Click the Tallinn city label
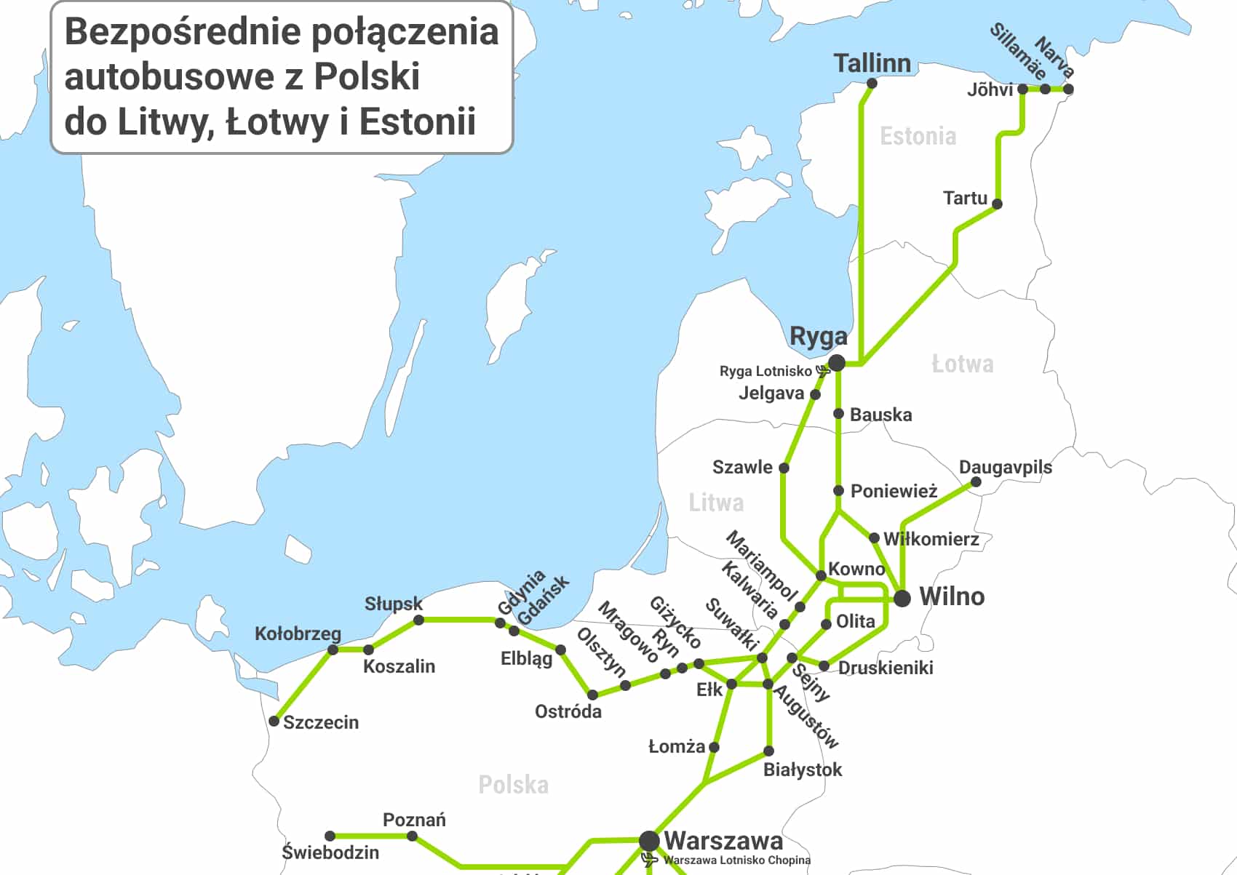point(872,63)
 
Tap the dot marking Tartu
point(997,204)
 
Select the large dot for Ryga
point(837,362)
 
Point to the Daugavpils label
point(1005,467)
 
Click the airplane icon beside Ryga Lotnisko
point(822,371)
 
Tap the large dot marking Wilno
point(902,598)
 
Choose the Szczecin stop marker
point(274,721)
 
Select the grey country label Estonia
point(918,136)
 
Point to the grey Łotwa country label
point(962,364)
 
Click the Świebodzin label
point(330,852)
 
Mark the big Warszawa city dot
point(648,841)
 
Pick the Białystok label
point(802,770)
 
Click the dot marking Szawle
point(784,468)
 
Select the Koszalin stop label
point(399,666)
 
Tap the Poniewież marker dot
point(838,491)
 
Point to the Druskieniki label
point(885,668)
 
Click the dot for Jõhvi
point(1022,89)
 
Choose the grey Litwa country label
point(716,503)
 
